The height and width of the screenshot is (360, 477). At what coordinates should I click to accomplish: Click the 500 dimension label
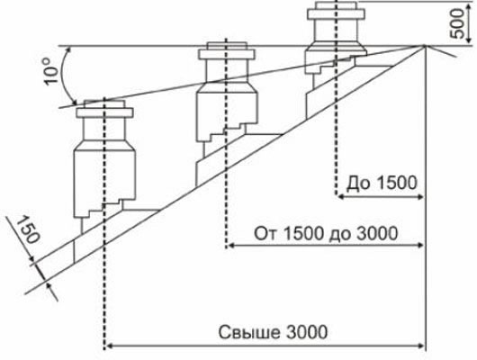tap(458, 23)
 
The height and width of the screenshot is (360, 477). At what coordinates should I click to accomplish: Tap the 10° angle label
tap(50, 72)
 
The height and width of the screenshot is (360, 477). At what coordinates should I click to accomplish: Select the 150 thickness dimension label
tap(27, 229)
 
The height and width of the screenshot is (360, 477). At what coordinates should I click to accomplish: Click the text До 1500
tap(382, 184)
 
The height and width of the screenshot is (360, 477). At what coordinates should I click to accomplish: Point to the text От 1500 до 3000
tap(326, 234)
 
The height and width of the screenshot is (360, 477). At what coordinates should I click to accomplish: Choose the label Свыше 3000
tap(273, 332)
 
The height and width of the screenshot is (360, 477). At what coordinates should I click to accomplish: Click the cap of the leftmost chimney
tap(104, 109)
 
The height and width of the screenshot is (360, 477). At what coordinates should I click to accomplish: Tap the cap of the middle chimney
tap(226, 51)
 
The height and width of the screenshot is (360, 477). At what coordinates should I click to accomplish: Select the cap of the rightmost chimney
tap(336, 11)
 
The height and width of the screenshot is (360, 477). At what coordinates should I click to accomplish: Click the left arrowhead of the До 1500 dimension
tap(341, 197)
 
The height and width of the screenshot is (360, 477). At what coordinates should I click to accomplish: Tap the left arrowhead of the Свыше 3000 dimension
tap(109, 346)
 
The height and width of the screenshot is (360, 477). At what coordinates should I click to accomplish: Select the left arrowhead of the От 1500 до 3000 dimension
tap(231, 246)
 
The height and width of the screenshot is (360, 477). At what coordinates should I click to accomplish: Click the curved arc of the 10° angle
tap(64, 76)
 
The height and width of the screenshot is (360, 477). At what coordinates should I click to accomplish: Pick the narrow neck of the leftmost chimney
tap(104, 129)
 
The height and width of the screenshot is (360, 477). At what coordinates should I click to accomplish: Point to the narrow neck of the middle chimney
tap(226, 71)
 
